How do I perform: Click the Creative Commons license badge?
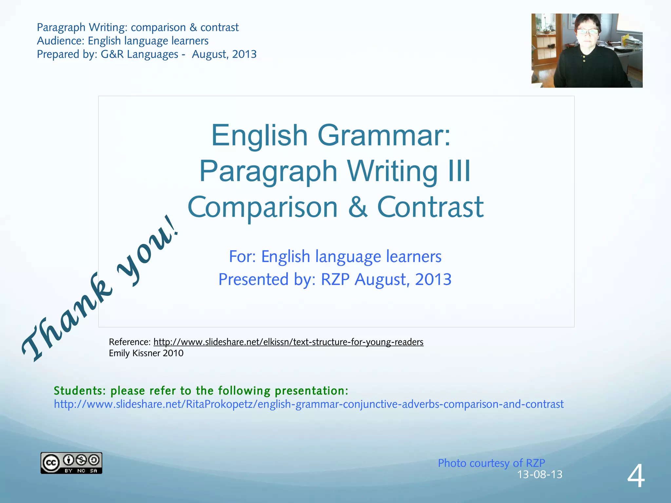coord(71,463)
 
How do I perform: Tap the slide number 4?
coord(636,476)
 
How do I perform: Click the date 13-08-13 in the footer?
coord(539,475)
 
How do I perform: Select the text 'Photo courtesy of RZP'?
coord(491,463)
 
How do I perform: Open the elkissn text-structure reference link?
coord(288,342)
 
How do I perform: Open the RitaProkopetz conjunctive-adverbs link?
coord(309,404)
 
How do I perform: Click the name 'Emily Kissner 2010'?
coord(146,353)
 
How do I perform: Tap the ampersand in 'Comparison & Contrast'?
coord(357,207)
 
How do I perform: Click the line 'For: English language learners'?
coord(335,256)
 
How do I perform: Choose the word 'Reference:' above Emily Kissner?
coord(129,342)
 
